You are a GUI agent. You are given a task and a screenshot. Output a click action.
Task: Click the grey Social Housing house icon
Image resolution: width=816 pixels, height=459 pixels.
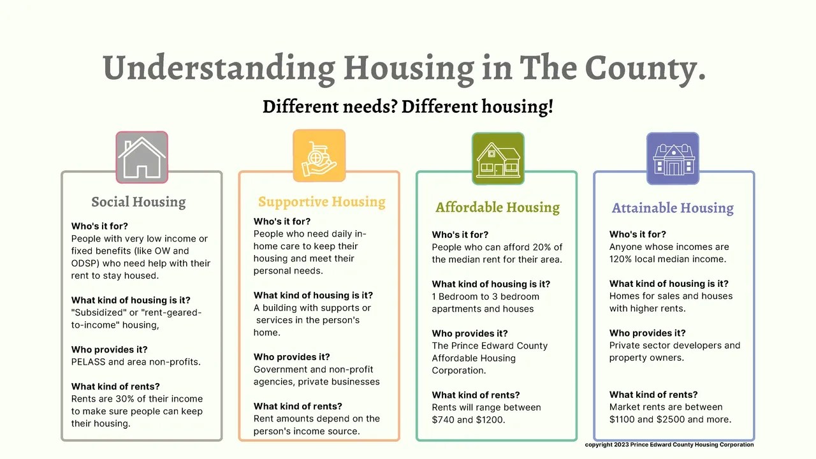(142, 157)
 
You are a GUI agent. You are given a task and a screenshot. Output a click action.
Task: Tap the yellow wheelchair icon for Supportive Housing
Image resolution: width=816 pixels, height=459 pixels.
(319, 156)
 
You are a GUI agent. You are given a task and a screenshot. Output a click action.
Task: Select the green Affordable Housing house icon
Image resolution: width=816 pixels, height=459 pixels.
(498, 158)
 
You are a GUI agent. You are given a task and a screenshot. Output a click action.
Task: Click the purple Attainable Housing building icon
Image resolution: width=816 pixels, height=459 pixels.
(673, 158)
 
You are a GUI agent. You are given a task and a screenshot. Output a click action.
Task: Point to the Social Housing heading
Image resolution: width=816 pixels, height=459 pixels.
(138, 202)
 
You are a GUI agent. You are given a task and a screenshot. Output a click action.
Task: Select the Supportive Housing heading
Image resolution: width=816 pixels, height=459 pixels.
(321, 202)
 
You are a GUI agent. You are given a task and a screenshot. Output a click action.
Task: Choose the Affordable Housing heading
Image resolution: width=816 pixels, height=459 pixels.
(497, 207)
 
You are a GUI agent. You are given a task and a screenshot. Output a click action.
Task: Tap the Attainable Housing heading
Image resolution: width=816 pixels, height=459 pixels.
(673, 208)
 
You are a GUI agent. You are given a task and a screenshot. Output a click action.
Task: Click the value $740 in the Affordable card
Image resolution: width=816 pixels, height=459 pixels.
(443, 419)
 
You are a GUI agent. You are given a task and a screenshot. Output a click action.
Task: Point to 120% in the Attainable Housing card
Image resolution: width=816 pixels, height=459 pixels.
(621, 259)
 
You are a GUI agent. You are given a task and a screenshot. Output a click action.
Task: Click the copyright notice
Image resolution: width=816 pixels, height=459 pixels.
(669, 444)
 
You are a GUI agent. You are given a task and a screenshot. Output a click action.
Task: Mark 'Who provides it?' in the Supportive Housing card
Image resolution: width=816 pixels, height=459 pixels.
(291, 357)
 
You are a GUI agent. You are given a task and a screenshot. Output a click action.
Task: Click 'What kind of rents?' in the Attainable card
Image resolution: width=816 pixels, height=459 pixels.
(653, 395)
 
